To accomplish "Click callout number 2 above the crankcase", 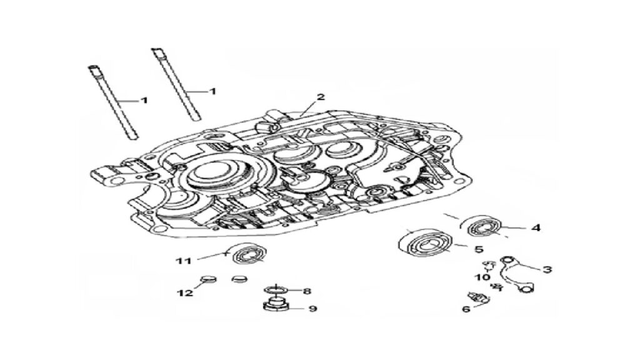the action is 321,97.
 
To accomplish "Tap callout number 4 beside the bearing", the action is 536,227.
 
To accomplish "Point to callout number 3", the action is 547,269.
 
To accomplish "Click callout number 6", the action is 466,309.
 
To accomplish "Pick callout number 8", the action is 307,291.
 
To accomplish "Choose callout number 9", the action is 312,309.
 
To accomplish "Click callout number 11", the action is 184,261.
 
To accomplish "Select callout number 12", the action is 185,292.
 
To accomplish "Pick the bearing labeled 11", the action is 249,254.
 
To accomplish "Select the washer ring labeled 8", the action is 276,290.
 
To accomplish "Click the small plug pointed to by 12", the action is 207,279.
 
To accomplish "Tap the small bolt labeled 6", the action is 477,297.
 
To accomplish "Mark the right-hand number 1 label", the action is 212,91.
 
